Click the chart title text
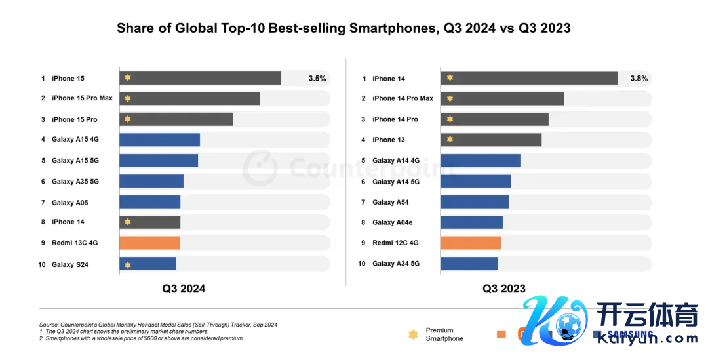coord(344,28)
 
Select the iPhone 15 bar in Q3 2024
coord(200,78)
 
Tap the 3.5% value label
coord(317,79)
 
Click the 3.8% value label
coord(639,79)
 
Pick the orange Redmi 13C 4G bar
coord(149,243)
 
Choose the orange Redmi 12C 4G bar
coord(471,243)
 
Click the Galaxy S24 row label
coord(70,265)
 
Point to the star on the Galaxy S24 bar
coord(128,264)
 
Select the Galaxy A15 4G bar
coord(159,140)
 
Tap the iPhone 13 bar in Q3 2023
coord(491,140)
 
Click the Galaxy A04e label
coord(392,222)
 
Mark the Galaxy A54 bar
coord(475,202)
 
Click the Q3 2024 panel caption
coord(184,289)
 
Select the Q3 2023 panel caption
coord(504,289)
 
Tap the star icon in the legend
coord(413,334)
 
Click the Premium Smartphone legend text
coord(444,334)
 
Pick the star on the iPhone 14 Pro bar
coord(450,119)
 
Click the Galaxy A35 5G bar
coord(151,181)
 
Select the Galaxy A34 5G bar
coord(469,264)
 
